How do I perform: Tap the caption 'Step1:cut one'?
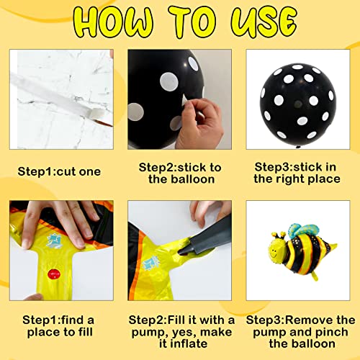(59, 172)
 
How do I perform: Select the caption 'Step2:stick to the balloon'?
(179, 173)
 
